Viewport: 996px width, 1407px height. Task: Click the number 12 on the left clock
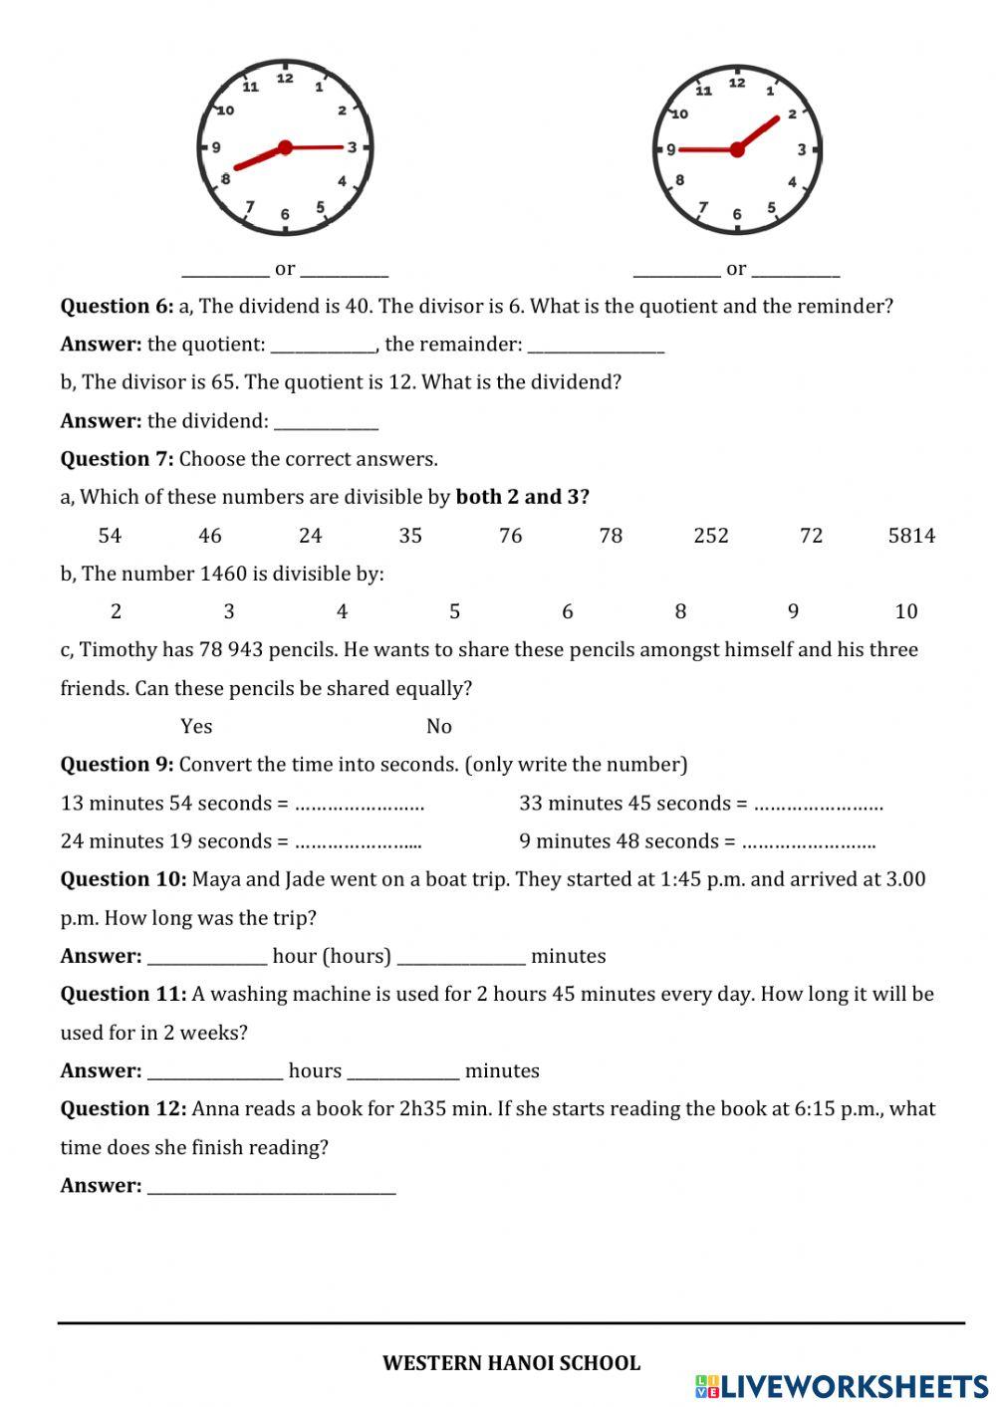(x=285, y=79)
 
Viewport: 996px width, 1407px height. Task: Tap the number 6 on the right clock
(x=737, y=214)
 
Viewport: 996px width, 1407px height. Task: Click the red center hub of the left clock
(x=285, y=147)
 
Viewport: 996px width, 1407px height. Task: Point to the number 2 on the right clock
(x=792, y=114)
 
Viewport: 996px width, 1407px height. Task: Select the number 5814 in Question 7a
(x=911, y=536)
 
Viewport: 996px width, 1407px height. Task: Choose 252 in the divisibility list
(x=711, y=536)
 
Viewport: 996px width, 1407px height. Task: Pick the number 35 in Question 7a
(x=410, y=536)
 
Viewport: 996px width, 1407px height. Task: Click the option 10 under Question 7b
(x=906, y=611)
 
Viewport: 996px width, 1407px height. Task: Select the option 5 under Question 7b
(x=454, y=611)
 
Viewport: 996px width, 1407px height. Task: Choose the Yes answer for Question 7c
(x=196, y=726)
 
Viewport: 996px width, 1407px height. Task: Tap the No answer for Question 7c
(x=439, y=726)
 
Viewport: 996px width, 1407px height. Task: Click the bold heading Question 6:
(x=117, y=307)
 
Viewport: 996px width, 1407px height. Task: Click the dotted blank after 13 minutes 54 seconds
(x=360, y=805)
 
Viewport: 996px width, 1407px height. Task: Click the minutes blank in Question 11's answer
(x=403, y=1072)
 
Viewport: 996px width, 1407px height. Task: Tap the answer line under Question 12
(x=271, y=1187)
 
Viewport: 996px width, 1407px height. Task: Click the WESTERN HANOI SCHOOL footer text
(x=511, y=1363)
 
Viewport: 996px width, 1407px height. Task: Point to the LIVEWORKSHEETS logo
(x=842, y=1385)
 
